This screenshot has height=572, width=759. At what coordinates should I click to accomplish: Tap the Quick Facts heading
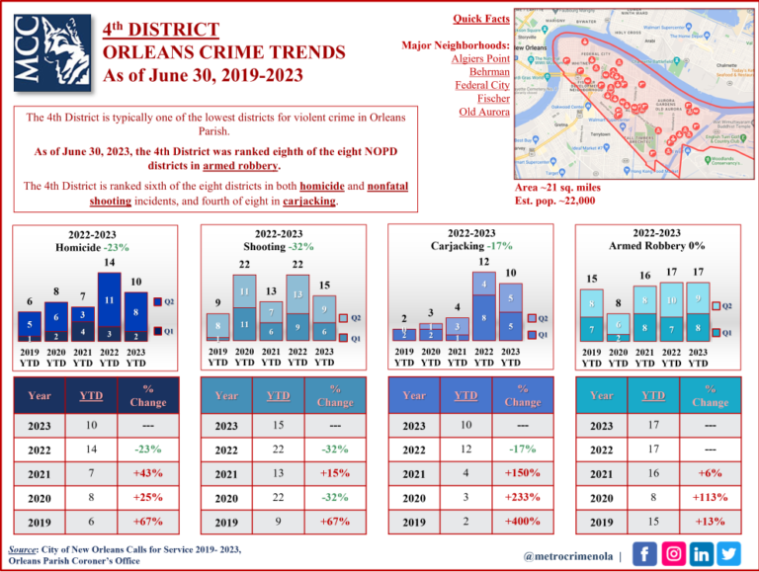pos(481,19)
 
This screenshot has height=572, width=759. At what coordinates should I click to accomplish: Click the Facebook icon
pos(642,554)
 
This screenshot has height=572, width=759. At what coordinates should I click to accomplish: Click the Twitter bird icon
pos(728,554)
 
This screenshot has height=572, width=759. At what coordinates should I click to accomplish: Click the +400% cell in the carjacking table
pos(523,521)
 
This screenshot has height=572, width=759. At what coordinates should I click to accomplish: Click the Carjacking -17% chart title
pos(470,244)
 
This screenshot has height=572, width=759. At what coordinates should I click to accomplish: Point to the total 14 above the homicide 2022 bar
pos(110,263)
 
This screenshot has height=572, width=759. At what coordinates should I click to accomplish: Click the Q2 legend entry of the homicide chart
pos(165,300)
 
